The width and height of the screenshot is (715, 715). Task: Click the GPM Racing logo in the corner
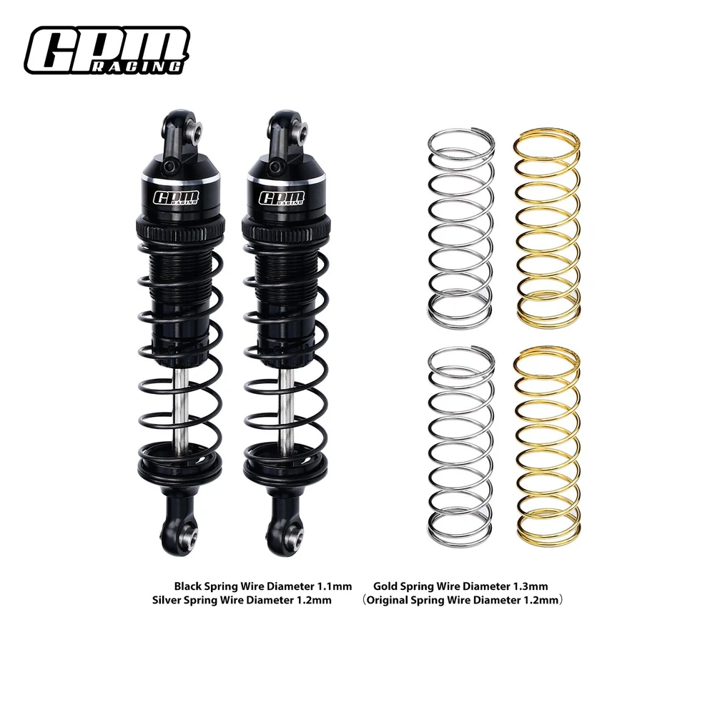(107, 50)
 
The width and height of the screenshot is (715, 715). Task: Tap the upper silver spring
(461, 227)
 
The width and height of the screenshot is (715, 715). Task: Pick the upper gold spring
(547, 227)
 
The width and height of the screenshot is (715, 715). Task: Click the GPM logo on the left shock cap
(176, 197)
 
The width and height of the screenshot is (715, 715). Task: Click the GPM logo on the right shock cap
(282, 197)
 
